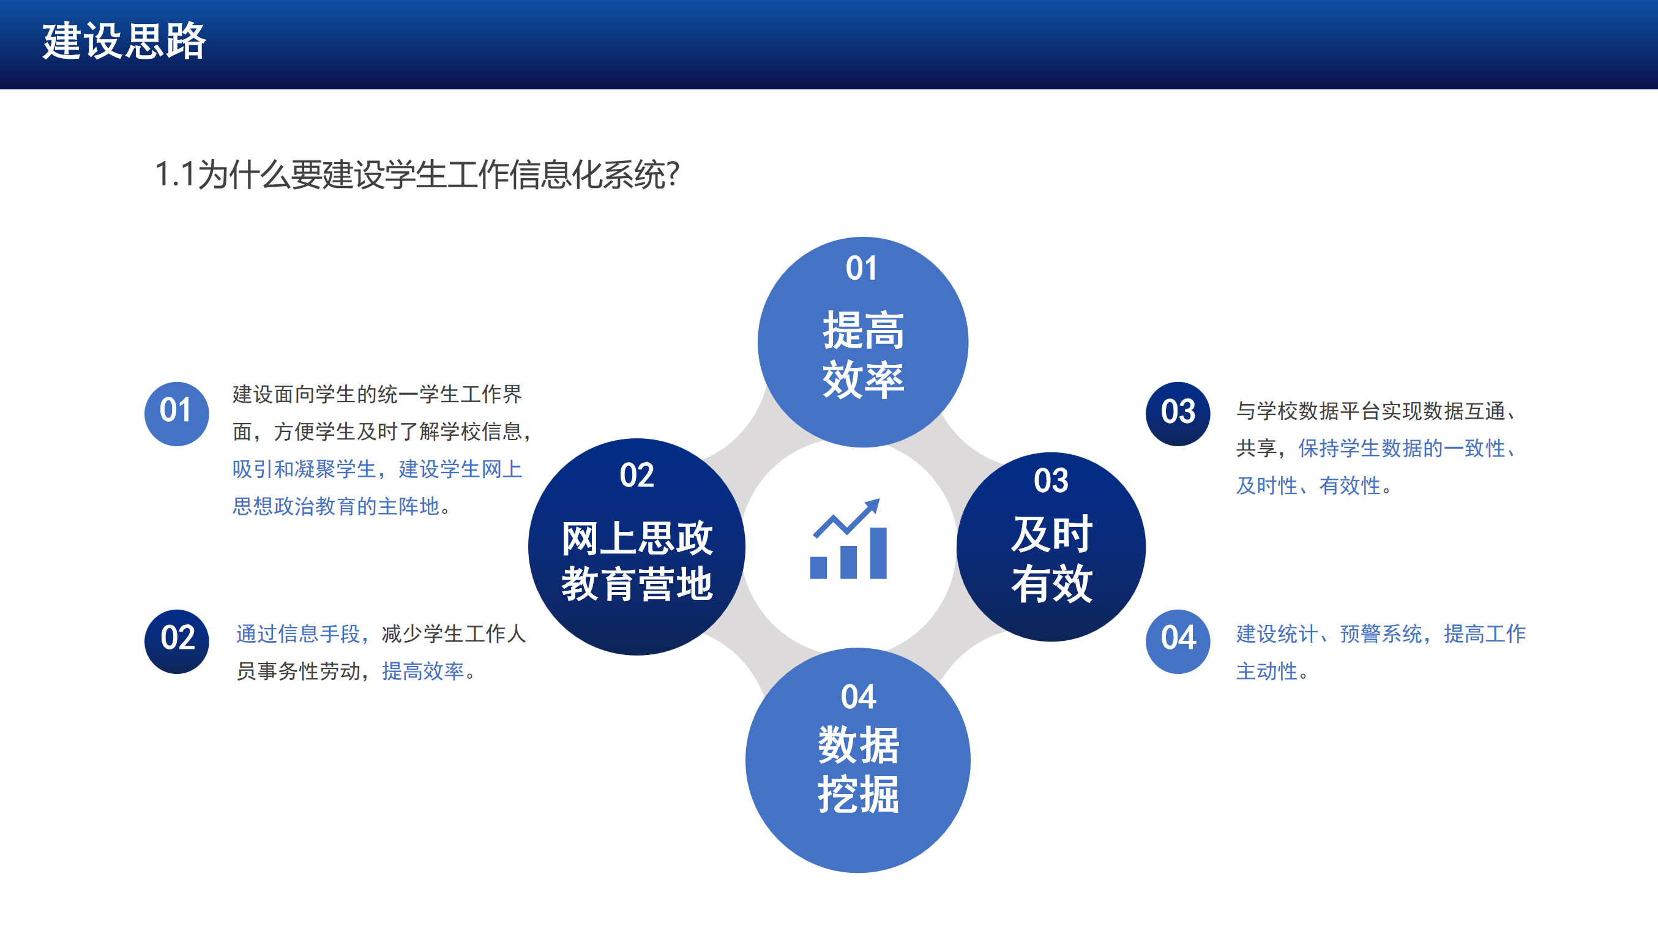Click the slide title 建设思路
pyautogui.click(x=124, y=41)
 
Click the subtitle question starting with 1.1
pyautogui.click(x=417, y=174)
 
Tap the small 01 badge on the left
pyautogui.click(x=176, y=413)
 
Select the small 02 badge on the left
pyautogui.click(x=176, y=641)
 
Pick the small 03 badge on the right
pyautogui.click(x=1178, y=413)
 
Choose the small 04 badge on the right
pyautogui.click(x=1178, y=641)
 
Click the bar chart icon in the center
pyautogui.click(x=848, y=539)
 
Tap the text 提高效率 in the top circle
pyautogui.click(x=863, y=355)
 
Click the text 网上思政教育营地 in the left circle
pyautogui.click(x=637, y=561)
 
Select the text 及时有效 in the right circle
pyautogui.click(x=1051, y=559)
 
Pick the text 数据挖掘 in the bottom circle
pyautogui.click(x=859, y=769)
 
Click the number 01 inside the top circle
pyautogui.click(x=861, y=269)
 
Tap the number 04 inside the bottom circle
pyautogui.click(x=859, y=697)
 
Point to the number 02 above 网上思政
pyautogui.click(x=637, y=475)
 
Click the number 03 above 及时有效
pyautogui.click(x=1051, y=480)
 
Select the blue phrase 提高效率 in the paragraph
pyautogui.click(x=423, y=671)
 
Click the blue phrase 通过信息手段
pyautogui.click(x=298, y=634)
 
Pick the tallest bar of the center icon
pyautogui.click(x=878, y=553)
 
